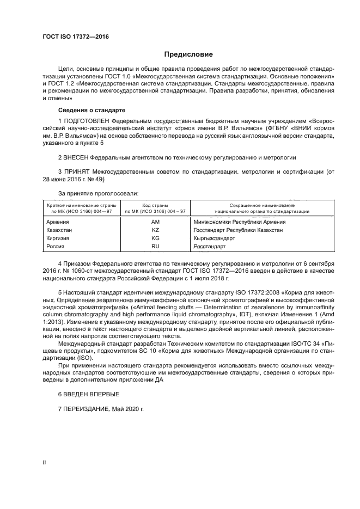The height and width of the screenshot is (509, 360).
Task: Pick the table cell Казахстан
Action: coord(60,230)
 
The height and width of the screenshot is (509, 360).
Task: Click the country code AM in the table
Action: coord(155,222)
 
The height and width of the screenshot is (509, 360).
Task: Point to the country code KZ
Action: coord(155,230)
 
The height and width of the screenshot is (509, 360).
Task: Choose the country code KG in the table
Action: coord(155,238)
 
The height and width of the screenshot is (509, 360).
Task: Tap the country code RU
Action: coord(155,247)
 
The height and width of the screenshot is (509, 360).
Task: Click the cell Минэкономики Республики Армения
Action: coord(240,222)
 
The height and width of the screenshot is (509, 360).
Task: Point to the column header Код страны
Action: coord(155,204)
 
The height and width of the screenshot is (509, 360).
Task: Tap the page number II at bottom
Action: coord(45,462)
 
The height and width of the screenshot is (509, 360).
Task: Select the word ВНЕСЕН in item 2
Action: coord(76,157)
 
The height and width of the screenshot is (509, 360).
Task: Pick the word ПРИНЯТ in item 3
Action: coord(77,171)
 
